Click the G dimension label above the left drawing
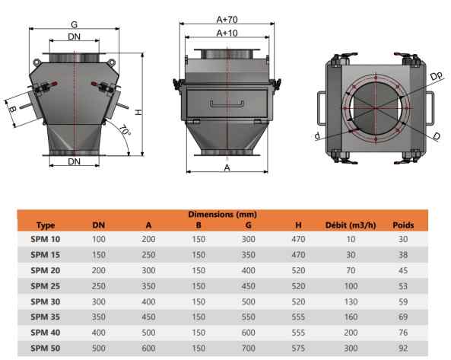click(x=75, y=25)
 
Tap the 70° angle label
click(x=125, y=131)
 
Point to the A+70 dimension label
click(x=227, y=20)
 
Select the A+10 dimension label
click(x=227, y=33)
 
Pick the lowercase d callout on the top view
click(x=317, y=135)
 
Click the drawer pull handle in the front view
click(x=227, y=104)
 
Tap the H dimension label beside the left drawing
click(x=138, y=112)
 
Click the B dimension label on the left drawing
click(x=12, y=109)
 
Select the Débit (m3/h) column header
click(x=351, y=225)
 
